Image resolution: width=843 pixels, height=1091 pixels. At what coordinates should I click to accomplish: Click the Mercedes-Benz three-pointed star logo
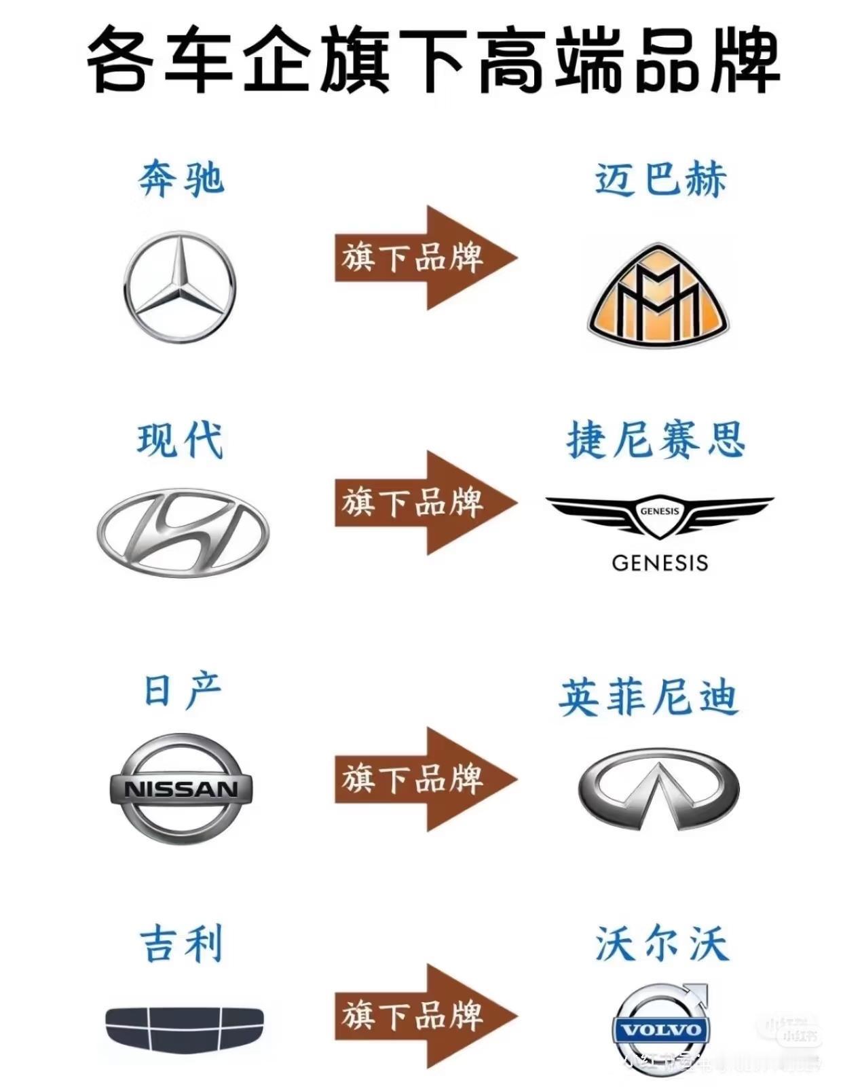tap(180, 286)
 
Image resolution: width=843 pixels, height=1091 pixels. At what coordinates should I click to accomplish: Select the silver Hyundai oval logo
tap(183, 533)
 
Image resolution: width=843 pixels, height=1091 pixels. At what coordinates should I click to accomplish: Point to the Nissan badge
tap(181, 788)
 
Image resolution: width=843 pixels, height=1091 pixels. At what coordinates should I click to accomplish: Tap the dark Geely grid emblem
tap(184, 1026)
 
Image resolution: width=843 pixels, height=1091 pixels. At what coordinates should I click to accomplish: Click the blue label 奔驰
tap(181, 179)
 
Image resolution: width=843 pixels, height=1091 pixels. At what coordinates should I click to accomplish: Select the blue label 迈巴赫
tap(660, 179)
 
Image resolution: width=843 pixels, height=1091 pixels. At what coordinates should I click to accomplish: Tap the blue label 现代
tap(180, 440)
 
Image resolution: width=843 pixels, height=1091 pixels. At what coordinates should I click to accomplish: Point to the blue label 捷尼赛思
tap(656, 440)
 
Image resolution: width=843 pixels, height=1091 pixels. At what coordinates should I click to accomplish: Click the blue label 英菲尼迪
tap(648, 698)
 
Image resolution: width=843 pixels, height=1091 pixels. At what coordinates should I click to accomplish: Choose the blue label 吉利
tap(181, 944)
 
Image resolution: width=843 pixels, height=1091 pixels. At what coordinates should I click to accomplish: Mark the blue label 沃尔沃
tap(662, 944)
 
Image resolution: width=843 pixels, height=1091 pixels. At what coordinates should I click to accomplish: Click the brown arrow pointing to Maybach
tap(425, 258)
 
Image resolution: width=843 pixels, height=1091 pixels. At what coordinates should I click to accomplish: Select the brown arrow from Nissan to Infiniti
tap(425, 779)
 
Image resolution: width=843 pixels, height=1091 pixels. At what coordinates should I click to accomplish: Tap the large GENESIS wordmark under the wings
tap(659, 562)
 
